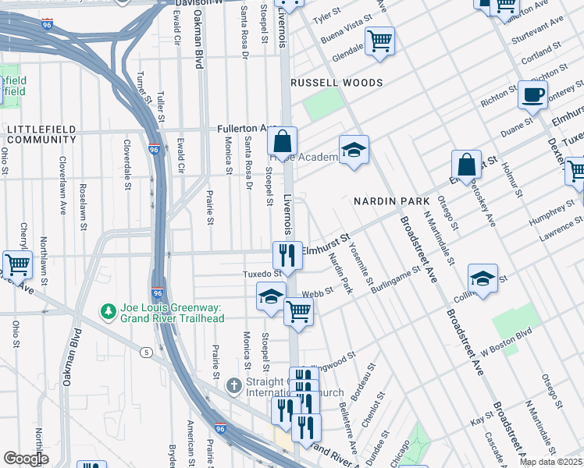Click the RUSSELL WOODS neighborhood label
click(337, 83)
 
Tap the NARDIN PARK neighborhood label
click(391, 201)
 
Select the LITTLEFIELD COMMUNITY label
click(38, 133)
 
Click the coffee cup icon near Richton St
click(532, 95)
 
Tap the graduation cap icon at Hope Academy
click(354, 149)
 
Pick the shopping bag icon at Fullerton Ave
click(283, 141)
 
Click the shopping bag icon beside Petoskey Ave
click(466, 165)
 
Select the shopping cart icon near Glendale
click(379, 41)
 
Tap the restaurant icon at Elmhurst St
click(287, 255)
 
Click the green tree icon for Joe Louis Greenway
click(108, 312)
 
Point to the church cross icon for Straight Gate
click(233, 386)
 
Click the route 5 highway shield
click(146, 352)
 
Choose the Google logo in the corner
click(26, 459)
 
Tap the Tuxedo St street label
click(262, 275)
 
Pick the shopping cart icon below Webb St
click(298, 312)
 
